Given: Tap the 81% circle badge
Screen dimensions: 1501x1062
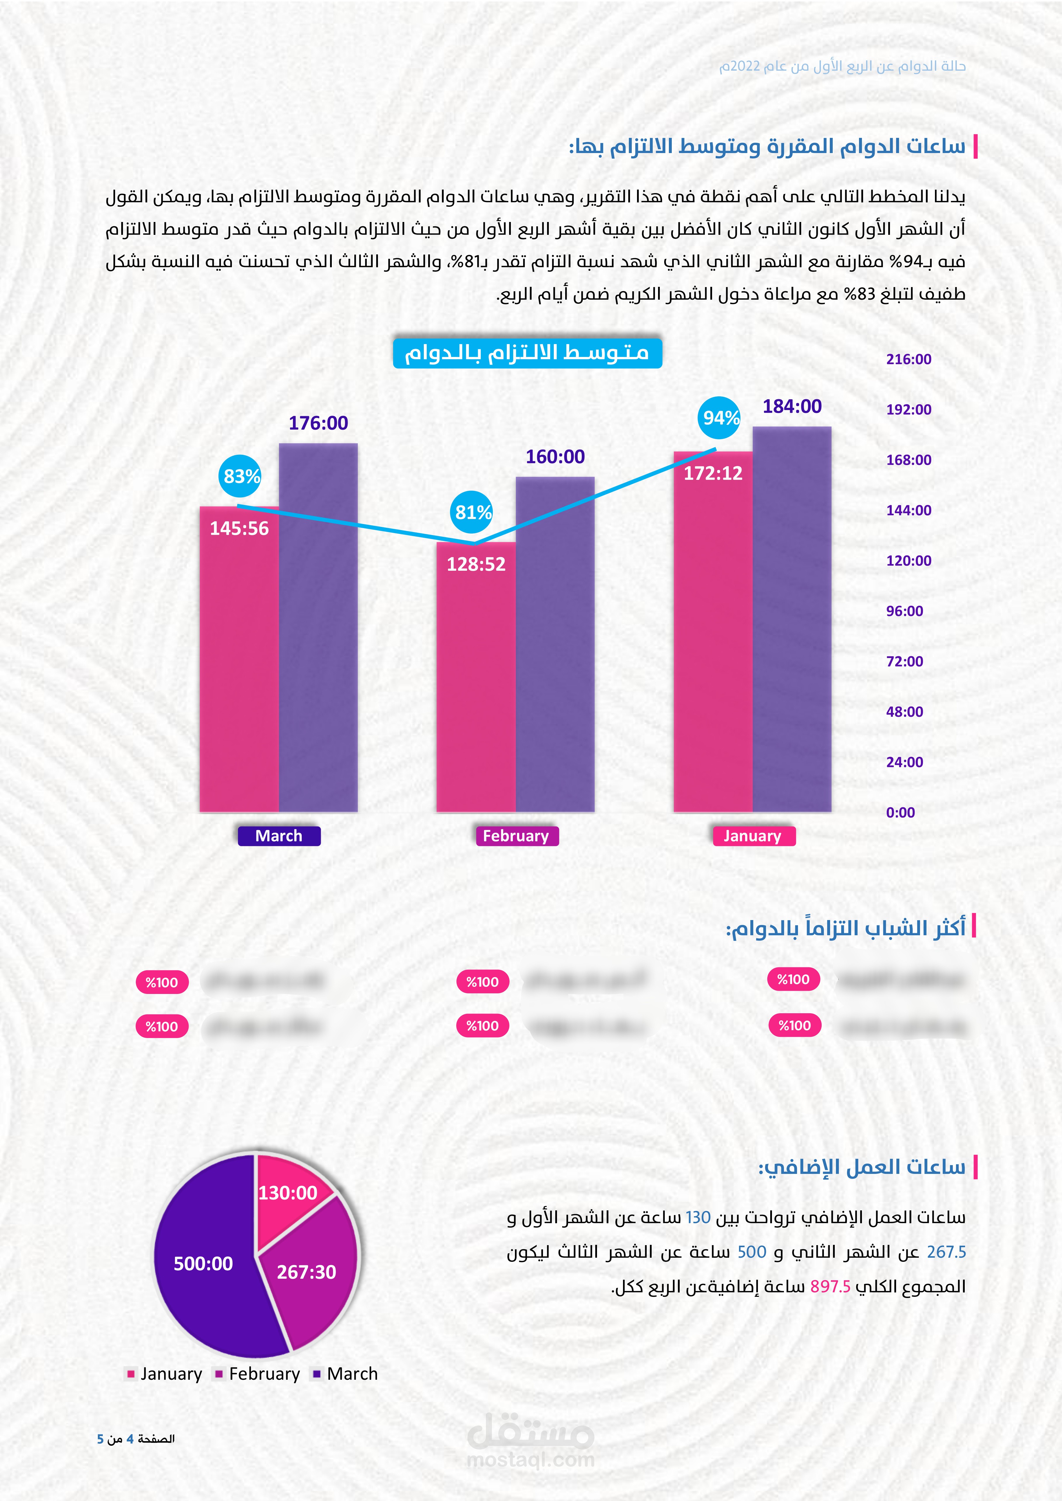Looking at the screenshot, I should pyautogui.click(x=473, y=512).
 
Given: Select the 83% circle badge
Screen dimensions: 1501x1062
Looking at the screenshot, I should pyautogui.click(x=241, y=476).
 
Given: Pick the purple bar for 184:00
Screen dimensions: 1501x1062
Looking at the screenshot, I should pyautogui.click(x=792, y=621).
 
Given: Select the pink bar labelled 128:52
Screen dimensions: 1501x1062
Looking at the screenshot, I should pyautogui.click(x=476, y=680).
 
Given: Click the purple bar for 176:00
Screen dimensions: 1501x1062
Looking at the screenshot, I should pyautogui.click(x=318, y=628).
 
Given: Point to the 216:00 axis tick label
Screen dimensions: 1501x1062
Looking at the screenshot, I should pyautogui.click(x=908, y=359).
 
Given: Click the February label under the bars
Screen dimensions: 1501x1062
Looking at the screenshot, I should pyautogui.click(x=516, y=836).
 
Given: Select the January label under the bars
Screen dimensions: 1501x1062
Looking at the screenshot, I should pyautogui.click(x=753, y=836).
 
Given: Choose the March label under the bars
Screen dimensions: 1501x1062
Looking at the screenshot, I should pyautogui.click(x=279, y=836).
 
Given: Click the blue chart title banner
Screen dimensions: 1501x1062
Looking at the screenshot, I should pyautogui.click(x=527, y=353).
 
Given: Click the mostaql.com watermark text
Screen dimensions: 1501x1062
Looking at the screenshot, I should pyautogui.click(x=530, y=1460).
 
